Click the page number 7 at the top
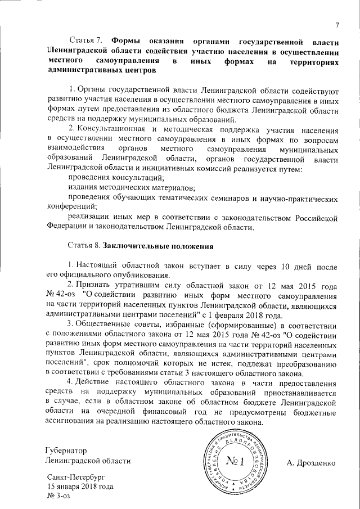(337, 24)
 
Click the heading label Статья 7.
(85, 41)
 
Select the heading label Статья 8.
(85, 246)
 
